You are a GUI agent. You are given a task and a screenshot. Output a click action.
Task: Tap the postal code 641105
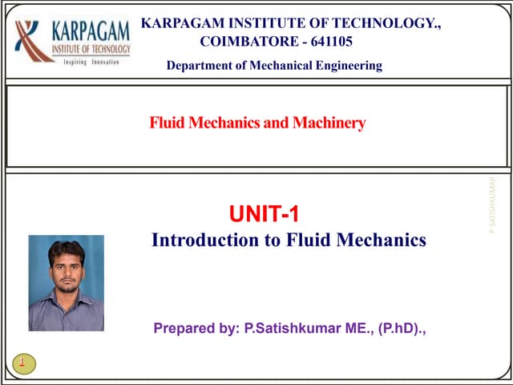[x=328, y=42]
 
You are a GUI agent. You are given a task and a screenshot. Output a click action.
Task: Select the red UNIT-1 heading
[x=264, y=214]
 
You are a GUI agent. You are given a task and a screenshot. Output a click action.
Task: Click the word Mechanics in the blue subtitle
[x=382, y=240]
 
